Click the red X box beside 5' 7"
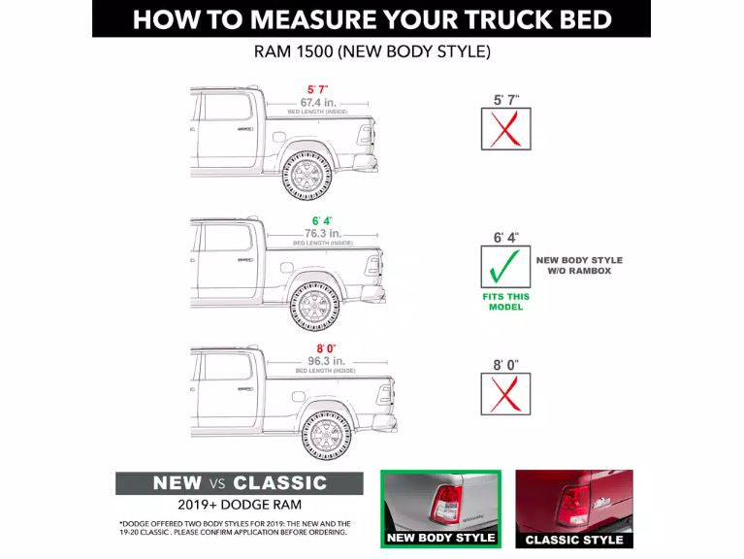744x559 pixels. coord(505,129)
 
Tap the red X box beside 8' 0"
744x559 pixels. coord(505,394)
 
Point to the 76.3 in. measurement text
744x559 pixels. coord(322,233)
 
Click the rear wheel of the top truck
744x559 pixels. coord(307,175)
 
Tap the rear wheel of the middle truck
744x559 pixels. coord(315,306)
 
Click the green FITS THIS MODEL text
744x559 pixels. coord(505,301)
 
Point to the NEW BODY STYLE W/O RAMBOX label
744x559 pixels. coord(579,265)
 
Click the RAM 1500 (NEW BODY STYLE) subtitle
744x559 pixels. coord(372,50)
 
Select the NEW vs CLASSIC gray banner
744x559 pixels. coord(239,483)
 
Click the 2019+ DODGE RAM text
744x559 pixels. coord(240,505)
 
